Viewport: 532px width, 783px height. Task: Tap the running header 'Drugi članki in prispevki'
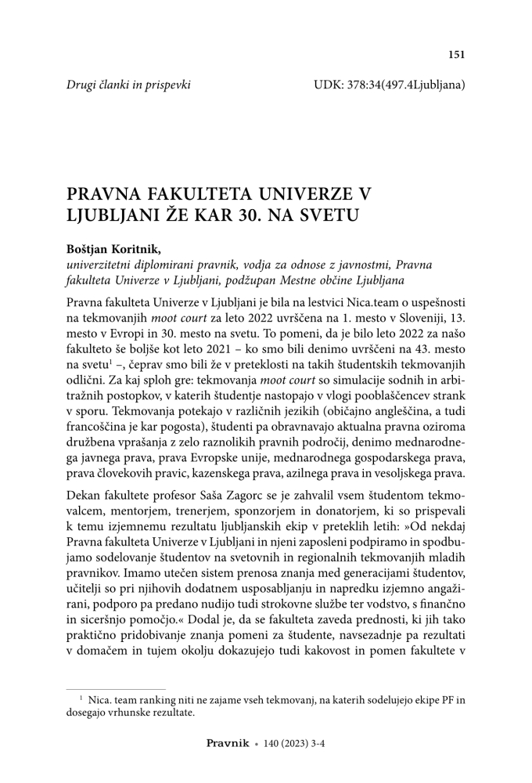coord(129,82)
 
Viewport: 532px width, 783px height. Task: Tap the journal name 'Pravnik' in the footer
coord(227,745)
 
